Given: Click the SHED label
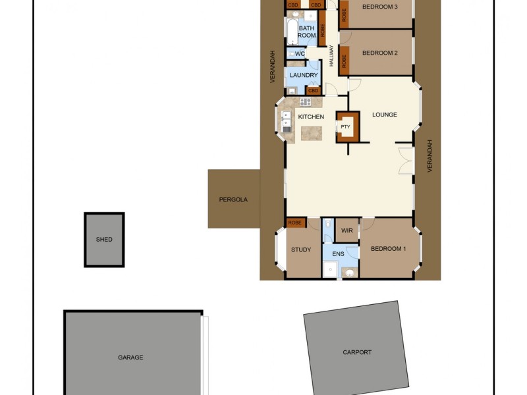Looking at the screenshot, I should pyautogui.click(x=104, y=240).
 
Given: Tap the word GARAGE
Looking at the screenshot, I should pyautogui.click(x=130, y=357).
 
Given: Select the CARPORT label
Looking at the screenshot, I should pyautogui.click(x=357, y=352).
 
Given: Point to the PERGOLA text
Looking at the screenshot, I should pyautogui.click(x=234, y=199).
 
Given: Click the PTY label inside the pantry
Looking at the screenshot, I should pyautogui.click(x=345, y=127).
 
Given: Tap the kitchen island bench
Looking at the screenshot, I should pyautogui.click(x=312, y=133).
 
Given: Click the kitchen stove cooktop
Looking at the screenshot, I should pyautogui.click(x=305, y=102).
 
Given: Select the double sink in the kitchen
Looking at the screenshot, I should pyautogui.click(x=287, y=122).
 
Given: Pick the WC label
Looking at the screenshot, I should pyautogui.click(x=300, y=54).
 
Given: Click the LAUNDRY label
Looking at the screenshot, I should pyautogui.click(x=304, y=76).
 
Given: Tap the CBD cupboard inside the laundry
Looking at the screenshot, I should pyautogui.click(x=314, y=90).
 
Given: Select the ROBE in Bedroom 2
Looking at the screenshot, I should pyautogui.click(x=344, y=60).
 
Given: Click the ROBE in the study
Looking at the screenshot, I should pyautogui.click(x=294, y=223).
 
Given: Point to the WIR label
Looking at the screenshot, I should pyautogui.click(x=347, y=231).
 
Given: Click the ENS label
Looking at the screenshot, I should pyautogui.click(x=338, y=253).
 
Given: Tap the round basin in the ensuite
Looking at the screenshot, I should pyautogui.click(x=349, y=272).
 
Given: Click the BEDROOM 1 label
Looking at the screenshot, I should pyautogui.click(x=388, y=249).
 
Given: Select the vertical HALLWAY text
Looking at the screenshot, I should pyautogui.click(x=331, y=56).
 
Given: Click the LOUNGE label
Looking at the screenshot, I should pyautogui.click(x=385, y=115).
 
